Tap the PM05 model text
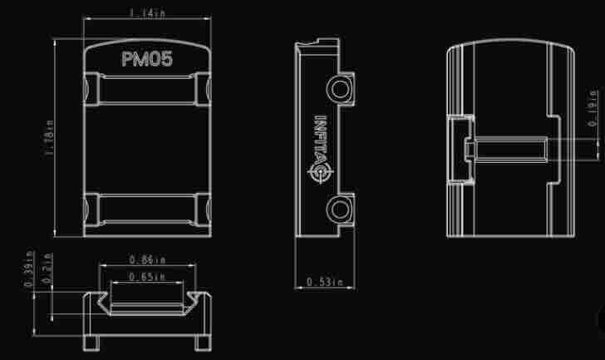point(146,59)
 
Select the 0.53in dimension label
point(323,283)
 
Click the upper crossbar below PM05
point(146,86)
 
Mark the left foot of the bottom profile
point(91,342)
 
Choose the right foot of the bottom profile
point(202,342)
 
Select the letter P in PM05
point(127,59)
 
